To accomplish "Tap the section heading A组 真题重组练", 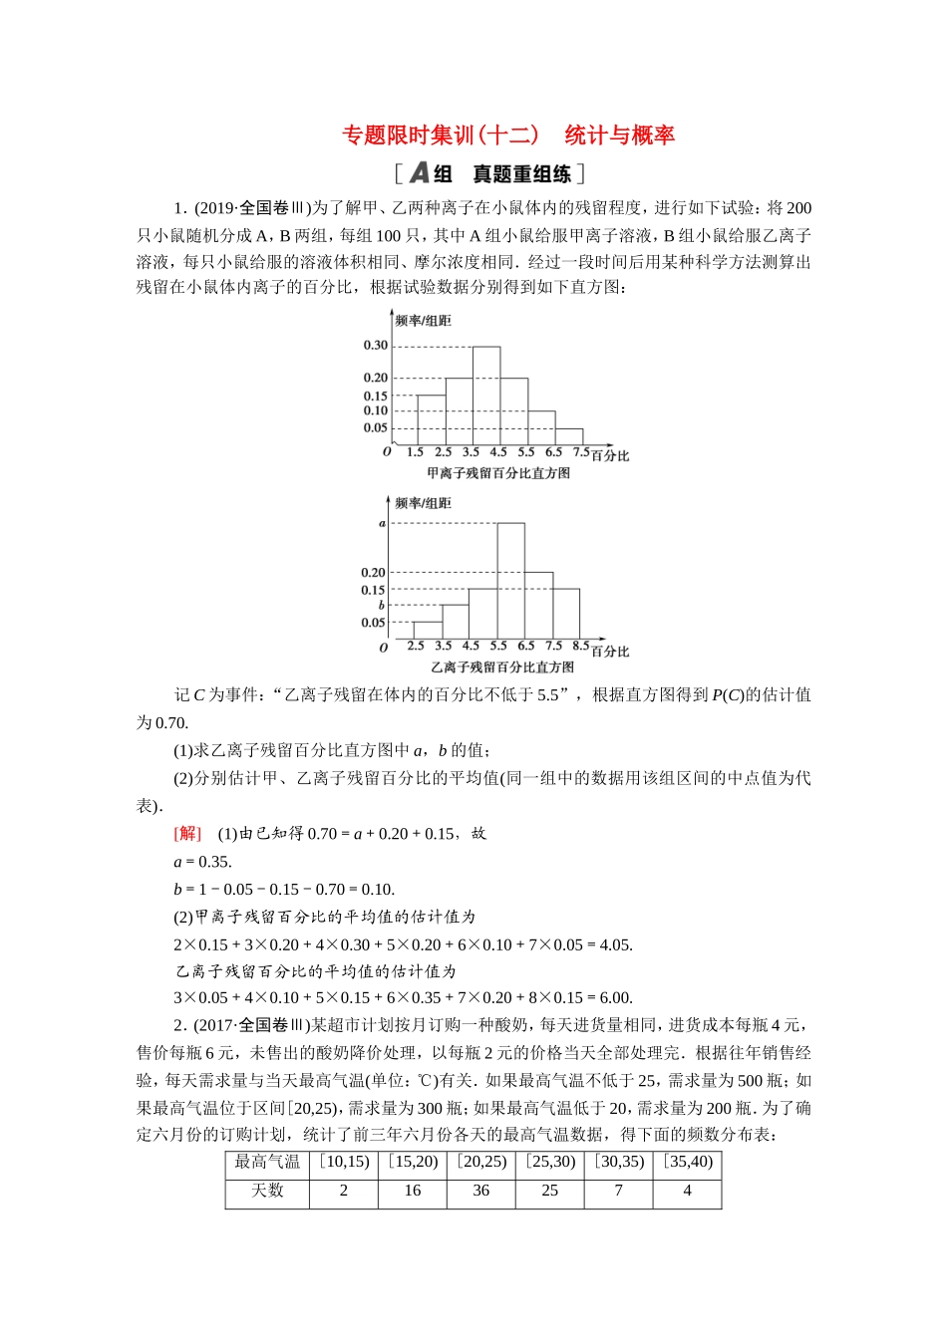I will [x=488, y=174].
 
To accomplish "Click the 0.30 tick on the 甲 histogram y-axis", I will [x=375, y=346].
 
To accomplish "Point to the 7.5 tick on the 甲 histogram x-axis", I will [x=581, y=452].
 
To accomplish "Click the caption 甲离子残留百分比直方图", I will [x=498, y=473].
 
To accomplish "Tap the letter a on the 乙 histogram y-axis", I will [x=382, y=523].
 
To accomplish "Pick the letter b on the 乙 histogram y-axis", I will [x=381, y=605].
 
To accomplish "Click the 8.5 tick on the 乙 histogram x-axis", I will [x=581, y=646].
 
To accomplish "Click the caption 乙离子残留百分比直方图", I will [x=502, y=668].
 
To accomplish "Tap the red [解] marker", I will [x=187, y=834].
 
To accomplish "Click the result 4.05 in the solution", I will [x=615, y=945].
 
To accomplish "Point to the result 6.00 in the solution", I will [x=615, y=998].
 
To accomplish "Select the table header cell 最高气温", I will [x=267, y=1162].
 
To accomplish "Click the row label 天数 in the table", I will [x=267, y=1191].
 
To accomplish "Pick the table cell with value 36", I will [x=481, y=1191].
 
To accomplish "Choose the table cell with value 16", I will [x=413, y=1191].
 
